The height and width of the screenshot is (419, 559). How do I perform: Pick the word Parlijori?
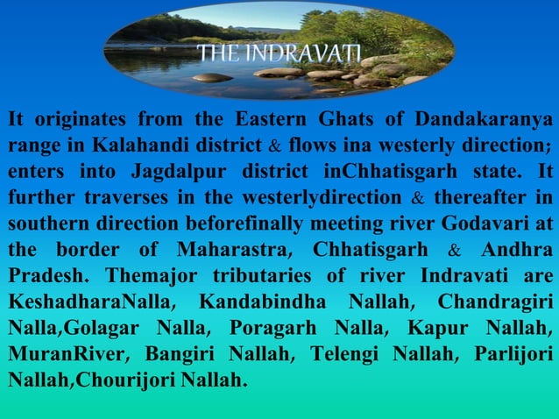(x=507, y=357)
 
